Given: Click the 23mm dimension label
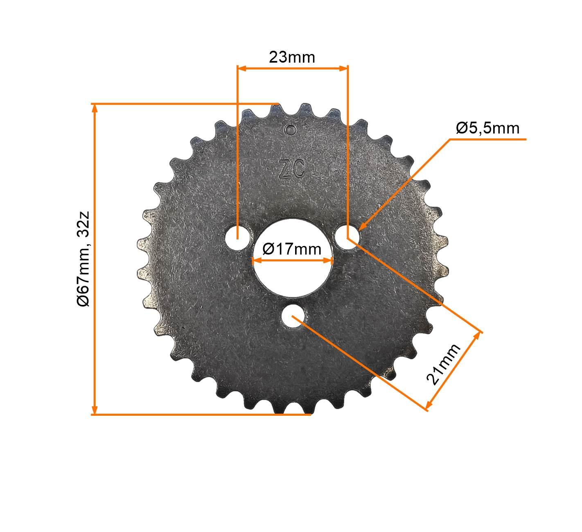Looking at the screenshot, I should coord(292,57).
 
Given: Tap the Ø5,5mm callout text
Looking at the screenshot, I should coord(487,128).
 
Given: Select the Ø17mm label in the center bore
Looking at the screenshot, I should coord(292,248).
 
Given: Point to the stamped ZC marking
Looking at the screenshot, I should coord(291,169).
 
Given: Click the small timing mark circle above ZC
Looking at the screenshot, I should coord(291,130).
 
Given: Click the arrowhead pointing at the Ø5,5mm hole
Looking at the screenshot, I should coord(362,226).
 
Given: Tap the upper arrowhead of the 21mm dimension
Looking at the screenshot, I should coord(478,336).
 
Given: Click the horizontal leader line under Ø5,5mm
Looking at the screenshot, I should coord(487,139).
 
